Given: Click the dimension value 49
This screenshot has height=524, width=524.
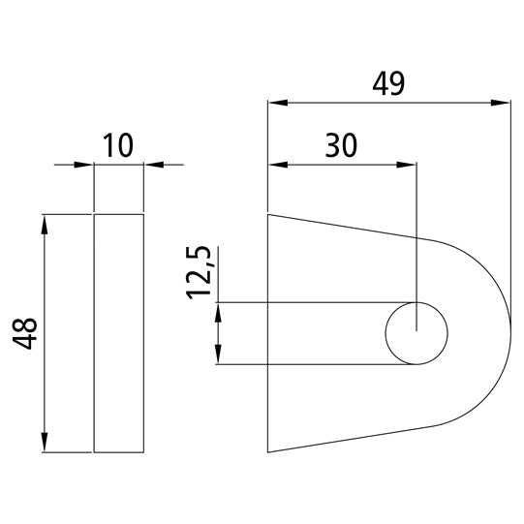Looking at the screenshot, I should pyautogui.click(x=387, y=84).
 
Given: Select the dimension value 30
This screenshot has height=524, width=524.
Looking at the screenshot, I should pyautogui.click(x=341, y=145).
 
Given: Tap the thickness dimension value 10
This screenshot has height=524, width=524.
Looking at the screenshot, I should pyautogui.click(x=118, y=146).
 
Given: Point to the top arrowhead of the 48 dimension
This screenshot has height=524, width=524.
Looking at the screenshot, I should pyautogui.click(x=45, y=223).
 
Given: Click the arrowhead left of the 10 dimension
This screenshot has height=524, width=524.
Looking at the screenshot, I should pyautogui.click(x=85, y=165).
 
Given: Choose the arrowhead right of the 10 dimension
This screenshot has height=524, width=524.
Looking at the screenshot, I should pyautogui.click(x=152, y=165).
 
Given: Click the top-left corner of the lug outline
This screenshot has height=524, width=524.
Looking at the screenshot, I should pyautogui.click(x=268, y=214).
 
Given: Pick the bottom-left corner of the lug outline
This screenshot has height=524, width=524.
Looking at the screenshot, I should pyautogui.click(x=268, y=452).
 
